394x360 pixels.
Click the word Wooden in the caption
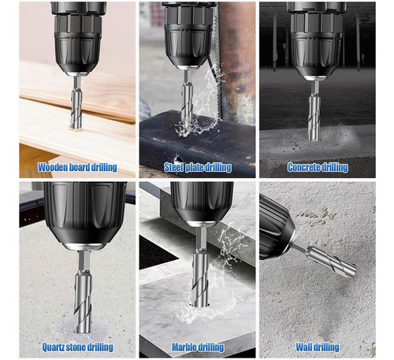tap(52, 167)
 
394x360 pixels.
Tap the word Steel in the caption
tap(173, 167)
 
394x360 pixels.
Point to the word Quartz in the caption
tap(53, 347)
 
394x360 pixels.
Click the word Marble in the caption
tap(183, 347)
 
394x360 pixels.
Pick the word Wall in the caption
tap(304, 347)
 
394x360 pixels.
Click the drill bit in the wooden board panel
tap(76, 102)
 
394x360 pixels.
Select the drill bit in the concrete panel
tap(314, 110)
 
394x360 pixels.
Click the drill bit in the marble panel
tap(201, 266)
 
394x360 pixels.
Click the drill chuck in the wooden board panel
tap(78, 39)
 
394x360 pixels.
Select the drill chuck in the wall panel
tap(277, 228)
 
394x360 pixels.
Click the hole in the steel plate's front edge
tap(177, 160)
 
